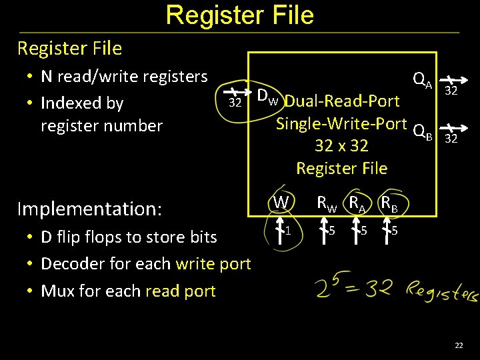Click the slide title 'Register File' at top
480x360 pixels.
[x=239, y=15]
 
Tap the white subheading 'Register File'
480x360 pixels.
[x=70, y=49]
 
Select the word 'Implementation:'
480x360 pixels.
[x=89, y=209]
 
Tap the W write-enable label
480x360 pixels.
[x=281, y=201]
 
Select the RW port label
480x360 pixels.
[x=326, y=203]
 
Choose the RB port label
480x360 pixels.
[x=389, y=203]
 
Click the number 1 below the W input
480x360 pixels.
[x=288, y=231]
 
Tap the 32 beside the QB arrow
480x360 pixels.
[x=451, y=139]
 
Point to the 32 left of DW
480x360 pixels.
[x=235, y=103]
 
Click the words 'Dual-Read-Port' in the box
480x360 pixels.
[x=342, y=101]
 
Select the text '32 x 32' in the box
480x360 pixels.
[x=341, y=146]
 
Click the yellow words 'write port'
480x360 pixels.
[x=213, y=264]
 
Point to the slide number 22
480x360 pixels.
[x=459, y=345]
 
